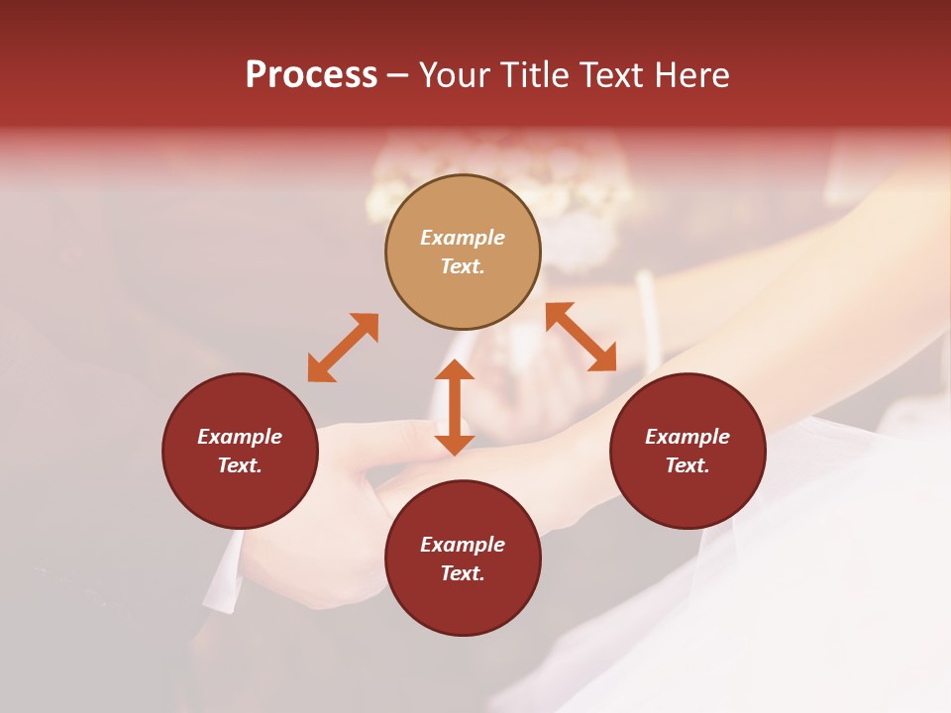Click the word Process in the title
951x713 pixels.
click(x=311, y=75)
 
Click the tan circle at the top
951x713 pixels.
click(x=463, y=252)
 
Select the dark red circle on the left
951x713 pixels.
click(x=240, y=451)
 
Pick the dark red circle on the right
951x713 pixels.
click(x=687, y=451)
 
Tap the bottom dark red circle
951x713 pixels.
click(x=463, y=558)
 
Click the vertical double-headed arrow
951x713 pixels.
click(x=455, y=407)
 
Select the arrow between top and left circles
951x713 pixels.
click(x=343, y=348)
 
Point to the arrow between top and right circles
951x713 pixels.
click(x=581, y=337)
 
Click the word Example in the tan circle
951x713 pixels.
click(x=463, y=238)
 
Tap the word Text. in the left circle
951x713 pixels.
click(x=240, y=465)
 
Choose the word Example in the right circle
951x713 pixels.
click(x=687, y=437)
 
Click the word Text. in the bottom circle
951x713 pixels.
click(x=463, y=573)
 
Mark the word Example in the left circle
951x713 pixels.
click(x=240, y=437)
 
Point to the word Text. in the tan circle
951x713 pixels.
click(x=463, y=266)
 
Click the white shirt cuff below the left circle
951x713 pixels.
click(x=224, y=572)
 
